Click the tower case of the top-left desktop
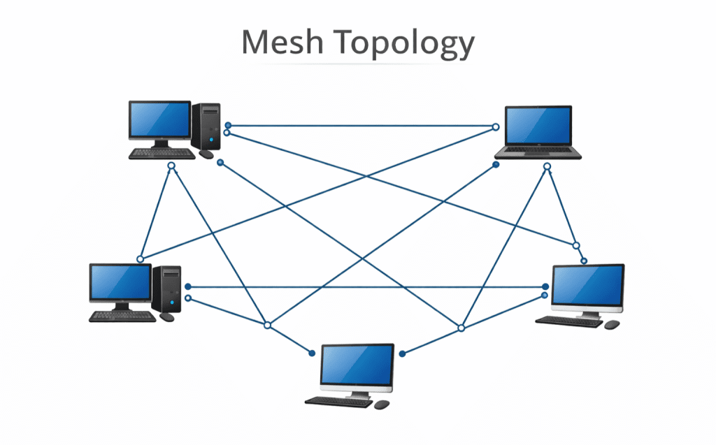[206, 125]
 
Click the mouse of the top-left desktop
[206, 154]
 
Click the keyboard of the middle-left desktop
[122, 316]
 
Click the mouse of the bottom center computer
[382, 404]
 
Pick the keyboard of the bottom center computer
[338, 402]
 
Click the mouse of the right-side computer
[612, 325]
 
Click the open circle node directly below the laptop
[547, 166]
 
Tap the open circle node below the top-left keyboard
[171, 166]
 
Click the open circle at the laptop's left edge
[495, 127]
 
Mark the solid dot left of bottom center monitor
[312, 353]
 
